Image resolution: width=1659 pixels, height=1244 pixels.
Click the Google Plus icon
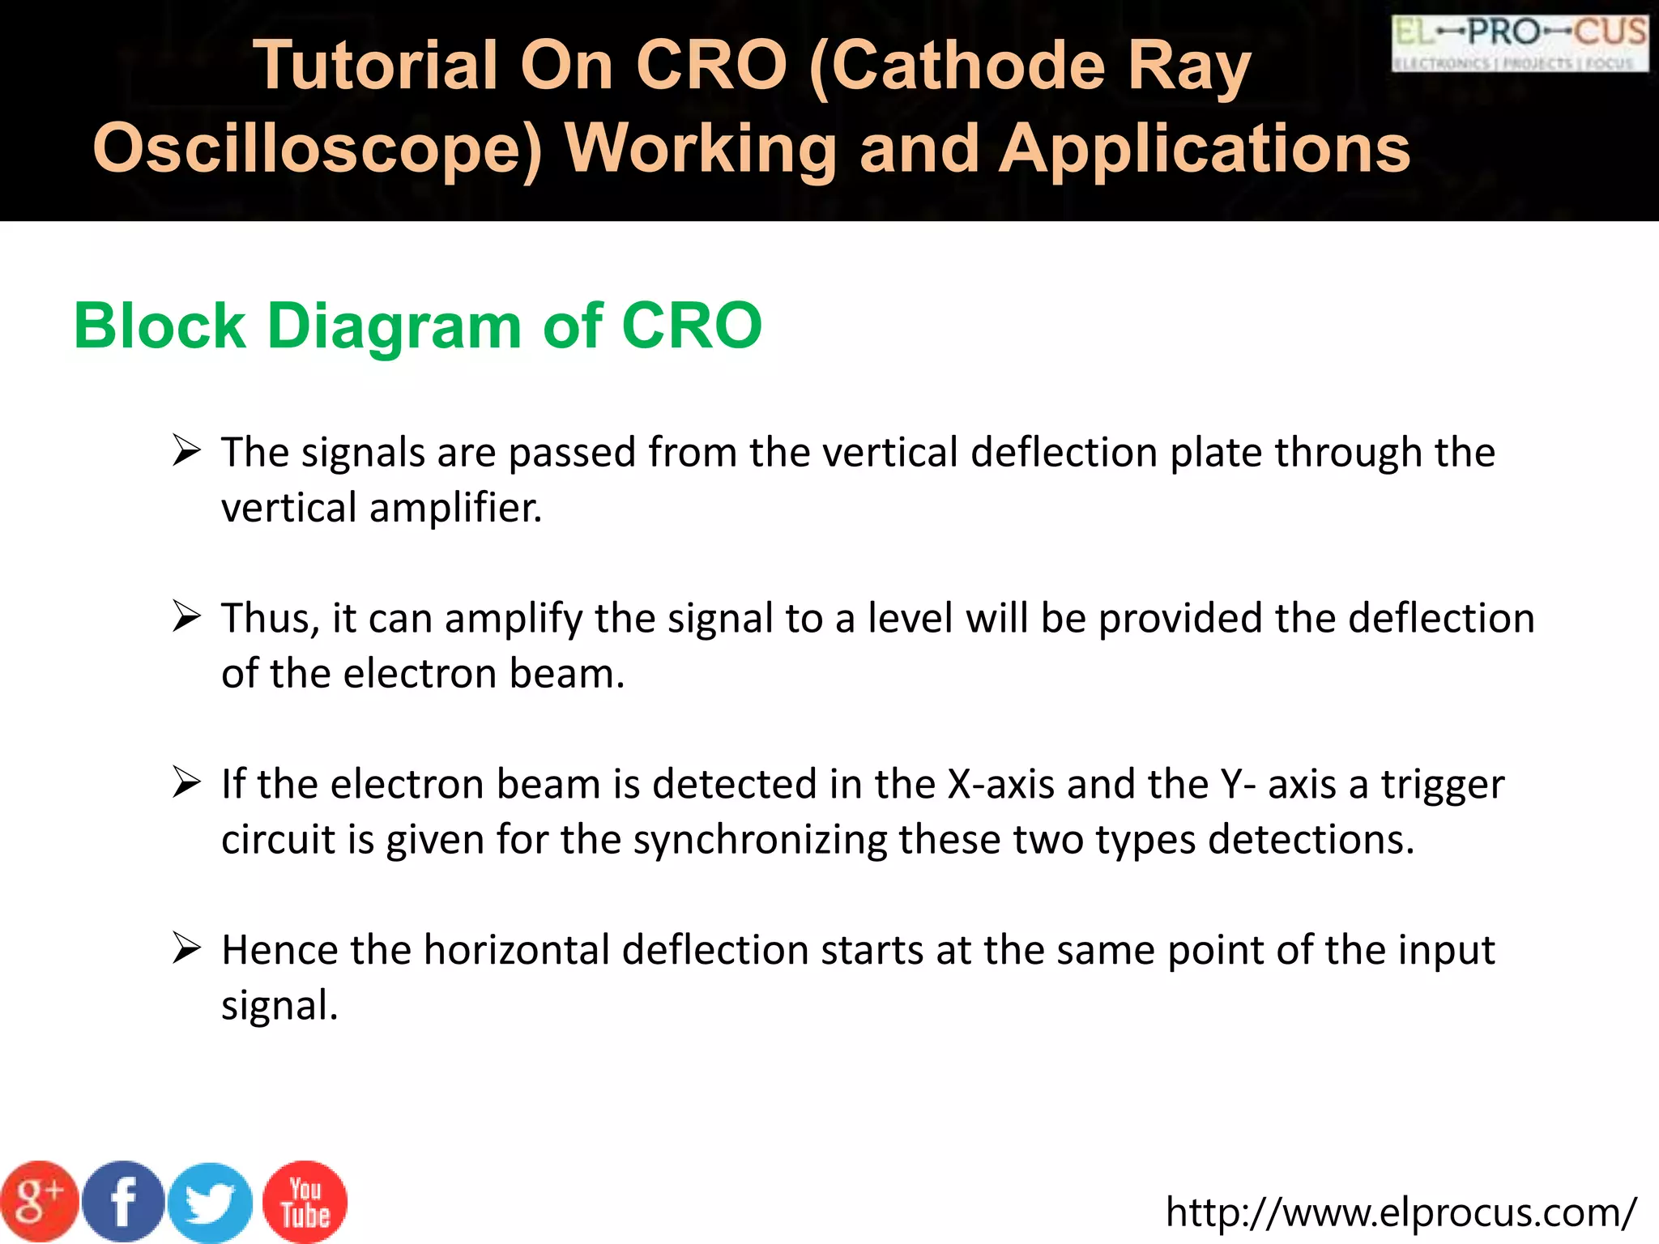(39, 1202)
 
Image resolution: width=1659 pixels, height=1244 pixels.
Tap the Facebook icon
(123, 1202)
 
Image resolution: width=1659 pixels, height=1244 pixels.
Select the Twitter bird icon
(210, 1204)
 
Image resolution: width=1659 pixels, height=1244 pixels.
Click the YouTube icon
(305, 1202)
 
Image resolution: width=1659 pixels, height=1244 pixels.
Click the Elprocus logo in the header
(1520, 43)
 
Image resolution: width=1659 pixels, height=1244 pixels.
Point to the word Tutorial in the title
(375, 66)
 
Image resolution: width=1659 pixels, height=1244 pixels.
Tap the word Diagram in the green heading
(394, 326)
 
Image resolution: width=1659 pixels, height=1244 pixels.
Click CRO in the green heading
(691, 326)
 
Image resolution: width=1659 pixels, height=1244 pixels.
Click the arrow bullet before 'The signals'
(186, 450)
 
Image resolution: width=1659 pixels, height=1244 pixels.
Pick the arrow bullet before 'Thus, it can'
(186, 617)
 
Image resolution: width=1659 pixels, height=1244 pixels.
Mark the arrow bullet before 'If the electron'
(186, 783)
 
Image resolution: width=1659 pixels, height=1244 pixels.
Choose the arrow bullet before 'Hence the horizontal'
(186, 948)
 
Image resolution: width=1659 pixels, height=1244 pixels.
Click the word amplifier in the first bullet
(455, 509)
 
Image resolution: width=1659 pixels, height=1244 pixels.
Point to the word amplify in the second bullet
(513, 619)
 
